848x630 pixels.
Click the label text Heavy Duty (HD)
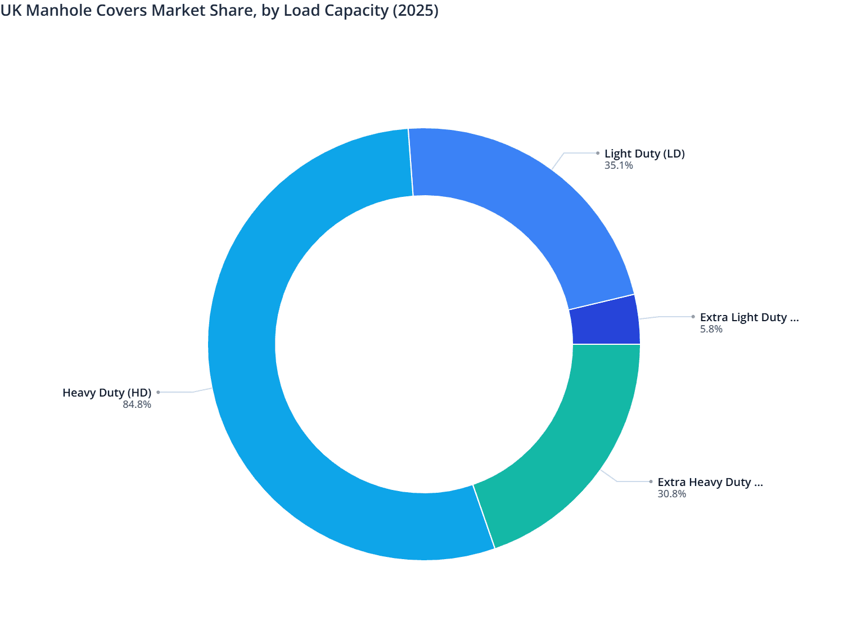[107, 393]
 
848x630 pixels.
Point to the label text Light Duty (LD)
[644, 154]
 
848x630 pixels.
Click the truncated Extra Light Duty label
[749, 317]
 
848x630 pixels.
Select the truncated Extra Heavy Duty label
[710, 482]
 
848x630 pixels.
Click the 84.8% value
[137, 404]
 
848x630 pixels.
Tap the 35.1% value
[619, 165]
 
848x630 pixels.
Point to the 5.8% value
[711, 329]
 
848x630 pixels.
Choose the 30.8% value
[671, 494]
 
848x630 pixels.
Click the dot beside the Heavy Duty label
[158, 392]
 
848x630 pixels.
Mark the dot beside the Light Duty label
[598, 153]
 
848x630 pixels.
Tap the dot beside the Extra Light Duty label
[693, 317]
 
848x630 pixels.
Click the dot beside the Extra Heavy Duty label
[651, 481]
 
